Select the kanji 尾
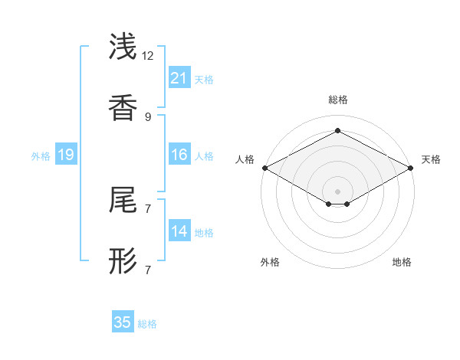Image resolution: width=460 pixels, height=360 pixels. (123, 201)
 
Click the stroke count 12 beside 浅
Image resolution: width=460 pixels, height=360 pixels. (147, 56)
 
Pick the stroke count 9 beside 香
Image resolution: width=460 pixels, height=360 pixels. (147, 117)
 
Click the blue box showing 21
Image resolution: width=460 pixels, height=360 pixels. (179, 78)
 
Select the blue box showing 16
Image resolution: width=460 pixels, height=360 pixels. (179, 155)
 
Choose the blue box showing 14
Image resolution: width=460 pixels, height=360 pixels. (179, 231)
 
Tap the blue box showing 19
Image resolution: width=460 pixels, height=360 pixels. (65, 155)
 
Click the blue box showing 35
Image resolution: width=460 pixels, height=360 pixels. (123, 322)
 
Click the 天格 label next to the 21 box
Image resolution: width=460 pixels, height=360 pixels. (204, 80)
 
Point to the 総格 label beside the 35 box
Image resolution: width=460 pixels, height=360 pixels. (147, 324)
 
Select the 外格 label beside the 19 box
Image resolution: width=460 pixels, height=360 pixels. (41, 156)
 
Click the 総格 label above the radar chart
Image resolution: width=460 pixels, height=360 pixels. (337, 100)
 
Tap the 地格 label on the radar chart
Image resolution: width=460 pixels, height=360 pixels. (402, 262)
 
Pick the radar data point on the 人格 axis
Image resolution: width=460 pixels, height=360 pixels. (264, 168)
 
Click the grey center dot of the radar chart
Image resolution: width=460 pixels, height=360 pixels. (337, 190)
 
